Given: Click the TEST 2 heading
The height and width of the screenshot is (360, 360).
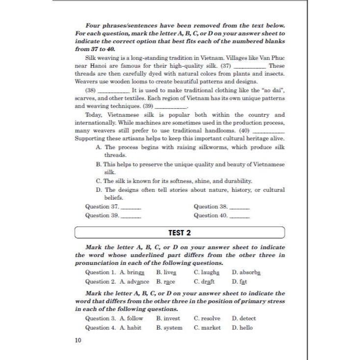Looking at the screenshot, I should pos(180,232).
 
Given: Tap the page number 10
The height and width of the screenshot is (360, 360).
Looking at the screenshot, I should pos(78,340).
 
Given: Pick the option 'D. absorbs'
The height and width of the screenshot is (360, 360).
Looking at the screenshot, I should pos(246,272).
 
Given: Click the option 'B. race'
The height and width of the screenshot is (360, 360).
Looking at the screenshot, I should pos(166,282).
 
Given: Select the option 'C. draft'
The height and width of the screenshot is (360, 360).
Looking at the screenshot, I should pos(205,282).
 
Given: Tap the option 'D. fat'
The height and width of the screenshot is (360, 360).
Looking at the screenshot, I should pos(239,282).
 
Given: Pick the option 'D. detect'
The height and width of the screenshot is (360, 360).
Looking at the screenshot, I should pos(244,318).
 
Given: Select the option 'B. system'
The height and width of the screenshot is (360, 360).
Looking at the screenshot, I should pos(169,328).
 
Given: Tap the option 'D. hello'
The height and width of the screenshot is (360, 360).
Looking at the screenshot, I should pos(242,328).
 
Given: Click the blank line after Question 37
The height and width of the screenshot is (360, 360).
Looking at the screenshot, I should pos(131,208).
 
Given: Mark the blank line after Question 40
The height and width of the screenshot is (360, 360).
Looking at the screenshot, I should pos(240,216).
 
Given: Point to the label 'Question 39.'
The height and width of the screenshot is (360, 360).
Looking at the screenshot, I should pos(102,215).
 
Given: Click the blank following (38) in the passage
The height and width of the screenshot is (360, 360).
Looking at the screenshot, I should pos(114,92).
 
